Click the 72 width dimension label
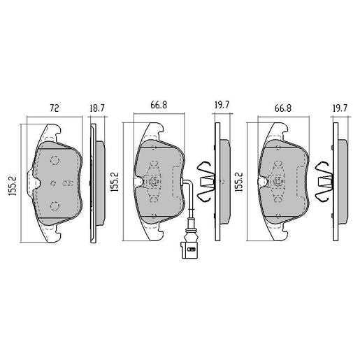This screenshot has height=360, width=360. click(x=53, y=109)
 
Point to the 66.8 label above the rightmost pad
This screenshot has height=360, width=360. click(x=282, y=109)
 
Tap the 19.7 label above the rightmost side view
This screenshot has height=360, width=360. click(x=339, y=109)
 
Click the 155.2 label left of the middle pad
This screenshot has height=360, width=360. click(x=113, y=184)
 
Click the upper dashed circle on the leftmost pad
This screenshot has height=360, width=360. click(x=54, y=159)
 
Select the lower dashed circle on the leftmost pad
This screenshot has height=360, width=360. click(x=54, y=205)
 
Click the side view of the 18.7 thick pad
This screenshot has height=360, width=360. click(x=97, y=183)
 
